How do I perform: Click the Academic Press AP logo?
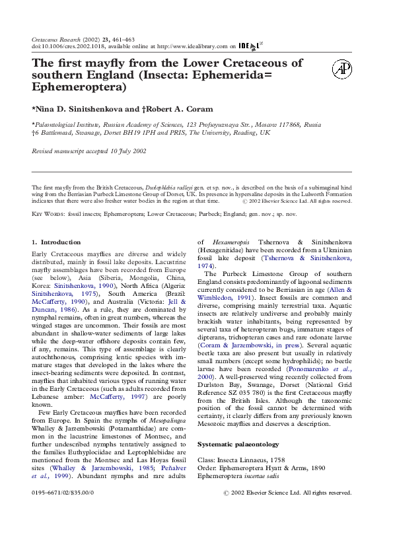pos(341,69)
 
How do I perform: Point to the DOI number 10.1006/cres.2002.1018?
pos(72,47)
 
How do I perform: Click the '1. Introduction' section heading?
pos(56,242)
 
